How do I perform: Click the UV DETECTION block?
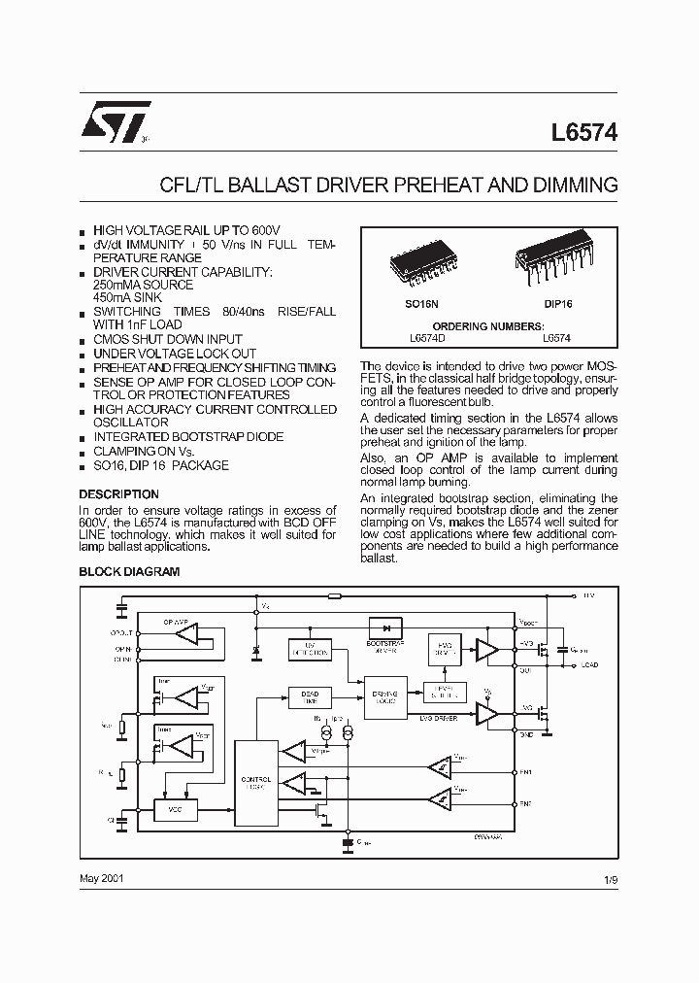[x=307, y=647]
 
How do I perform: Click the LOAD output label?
[x=589, y=665]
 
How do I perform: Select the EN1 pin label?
[x=525, y=772]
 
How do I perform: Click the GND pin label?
[x=525, y=735]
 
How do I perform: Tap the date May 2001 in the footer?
[x=101, y=877]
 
